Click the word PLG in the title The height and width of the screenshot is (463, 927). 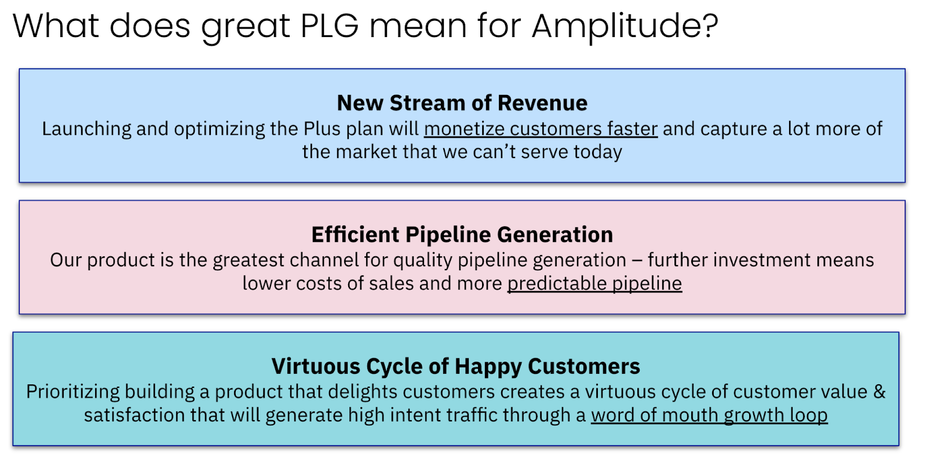(330, 26)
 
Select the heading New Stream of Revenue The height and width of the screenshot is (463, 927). (462, 103)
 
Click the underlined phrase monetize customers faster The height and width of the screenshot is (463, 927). (541, 128)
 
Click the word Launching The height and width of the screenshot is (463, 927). (86, 128)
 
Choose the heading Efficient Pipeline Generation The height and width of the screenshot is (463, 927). (462, 234)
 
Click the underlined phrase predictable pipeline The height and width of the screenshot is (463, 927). (594, 283)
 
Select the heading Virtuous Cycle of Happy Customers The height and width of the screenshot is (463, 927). (455, 366)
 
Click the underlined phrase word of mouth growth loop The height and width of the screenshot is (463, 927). (709, 415)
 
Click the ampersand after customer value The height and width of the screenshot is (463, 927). (879, 392)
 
